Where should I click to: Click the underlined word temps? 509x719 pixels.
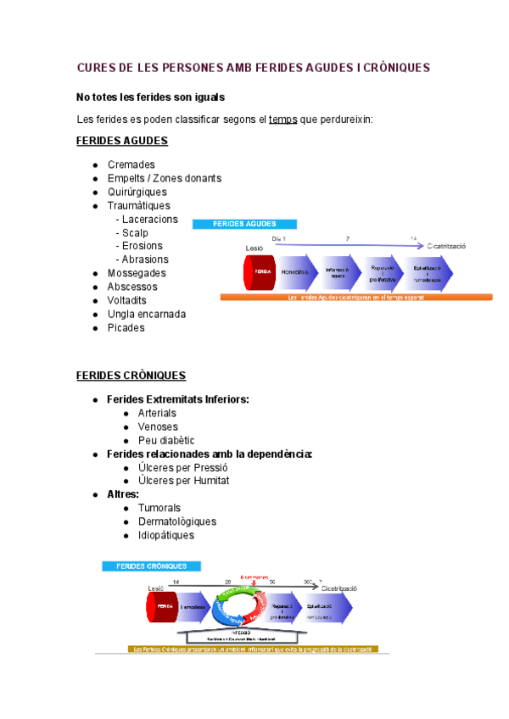[x=282, y=119]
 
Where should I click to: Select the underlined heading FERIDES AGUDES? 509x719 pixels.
[x=122, y=141]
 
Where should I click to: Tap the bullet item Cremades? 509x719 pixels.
[x=131, y=164]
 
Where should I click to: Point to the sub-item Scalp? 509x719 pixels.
[x=135, y=232]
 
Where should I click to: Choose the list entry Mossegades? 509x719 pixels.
[x=137, y=273]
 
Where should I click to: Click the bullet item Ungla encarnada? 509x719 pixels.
[x=146, y=314]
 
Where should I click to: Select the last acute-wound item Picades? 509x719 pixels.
[x=126, y=327]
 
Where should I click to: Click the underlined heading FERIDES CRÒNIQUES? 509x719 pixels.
[x=131, y=375]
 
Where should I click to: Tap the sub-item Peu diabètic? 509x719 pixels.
[x=165, y=440]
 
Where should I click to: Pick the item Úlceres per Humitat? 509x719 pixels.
[x=183, y=481]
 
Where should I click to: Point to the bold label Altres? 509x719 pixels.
[x=123, y=494]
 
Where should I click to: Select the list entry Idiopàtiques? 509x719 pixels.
[x=165, y=535]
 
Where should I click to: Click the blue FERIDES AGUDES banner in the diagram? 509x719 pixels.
[x=245, y=225]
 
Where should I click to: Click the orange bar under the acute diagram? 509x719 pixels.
[x=355, y=298]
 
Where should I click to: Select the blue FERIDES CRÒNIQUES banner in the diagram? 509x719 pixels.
[x=151, y=566]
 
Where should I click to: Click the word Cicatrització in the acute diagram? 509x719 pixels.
[x=447, y=245]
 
